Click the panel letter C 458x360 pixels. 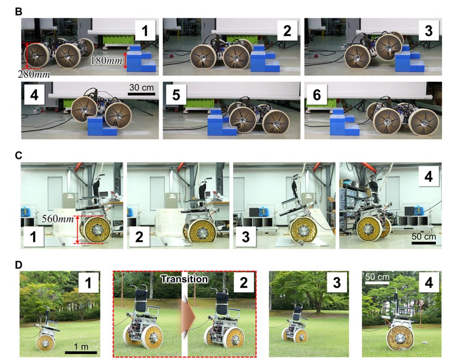pyautogui.click(x=18, y=155)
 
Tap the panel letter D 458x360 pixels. pyautogui.click(x=18, y=265)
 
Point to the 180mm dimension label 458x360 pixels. pyautogui.click(x=106, y=59)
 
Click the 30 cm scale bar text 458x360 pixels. pyautogui.click(x=141, y=87)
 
